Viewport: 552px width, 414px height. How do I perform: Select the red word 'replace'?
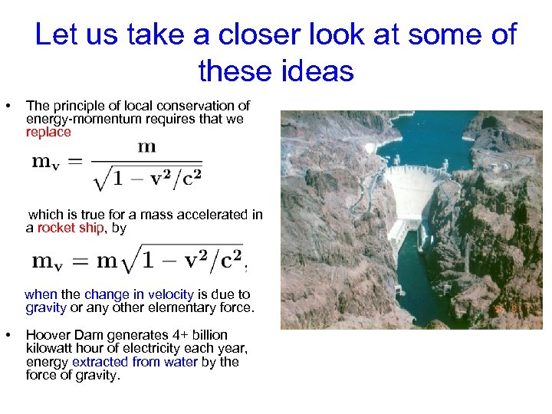point(48,132)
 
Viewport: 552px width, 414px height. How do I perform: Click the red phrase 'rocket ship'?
point(71,228)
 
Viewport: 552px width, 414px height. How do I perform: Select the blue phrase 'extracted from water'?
point(135,362)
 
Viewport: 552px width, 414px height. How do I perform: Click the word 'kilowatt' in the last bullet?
point(50,349)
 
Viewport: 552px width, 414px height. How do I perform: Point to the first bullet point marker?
point(7,104)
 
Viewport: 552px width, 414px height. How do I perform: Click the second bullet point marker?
point(7,335)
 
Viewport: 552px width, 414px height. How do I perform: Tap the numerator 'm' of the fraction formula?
point(146,147)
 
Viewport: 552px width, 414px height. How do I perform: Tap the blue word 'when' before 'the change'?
point(41,294)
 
